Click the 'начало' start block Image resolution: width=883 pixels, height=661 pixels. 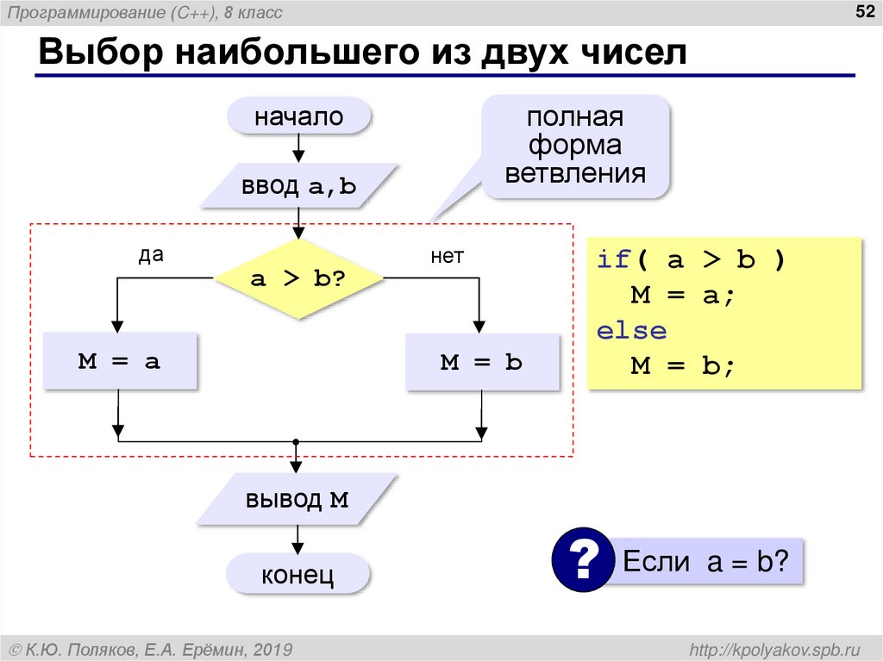(298, 116)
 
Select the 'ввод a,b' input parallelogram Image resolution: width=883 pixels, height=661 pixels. (298, 186)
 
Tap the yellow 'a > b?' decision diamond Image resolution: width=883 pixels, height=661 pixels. (298, 278)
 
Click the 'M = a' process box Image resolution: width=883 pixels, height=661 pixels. (119, 362)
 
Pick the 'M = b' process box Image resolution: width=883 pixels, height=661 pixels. (481, 362)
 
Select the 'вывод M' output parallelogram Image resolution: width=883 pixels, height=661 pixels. (297, 500)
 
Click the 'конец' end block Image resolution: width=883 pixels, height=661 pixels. (298, 575)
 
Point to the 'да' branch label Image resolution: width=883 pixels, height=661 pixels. (151, 255)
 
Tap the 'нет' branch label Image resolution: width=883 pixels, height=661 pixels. (447, 256)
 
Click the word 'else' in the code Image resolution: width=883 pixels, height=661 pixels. (631, 331)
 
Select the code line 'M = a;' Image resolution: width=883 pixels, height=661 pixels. (681, 296)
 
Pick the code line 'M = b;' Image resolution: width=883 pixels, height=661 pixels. (681, 366)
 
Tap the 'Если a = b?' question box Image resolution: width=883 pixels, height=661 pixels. (705, 562)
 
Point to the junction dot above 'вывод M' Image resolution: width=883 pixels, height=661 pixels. (296, 441)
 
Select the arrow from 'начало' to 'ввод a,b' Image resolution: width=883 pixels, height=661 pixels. (298, 147)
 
